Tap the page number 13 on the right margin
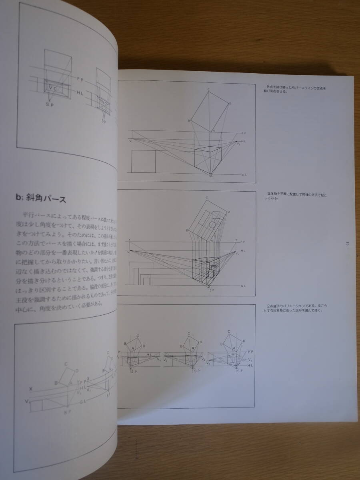tap(348, 244)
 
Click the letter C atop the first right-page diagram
tap(208, 90)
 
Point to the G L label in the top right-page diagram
tap(245, 175)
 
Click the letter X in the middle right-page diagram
tap(129, 240)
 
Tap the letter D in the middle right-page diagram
tap(229, 212)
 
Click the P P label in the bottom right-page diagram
tap(250, 351)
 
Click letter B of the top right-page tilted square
tap(189, 120)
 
